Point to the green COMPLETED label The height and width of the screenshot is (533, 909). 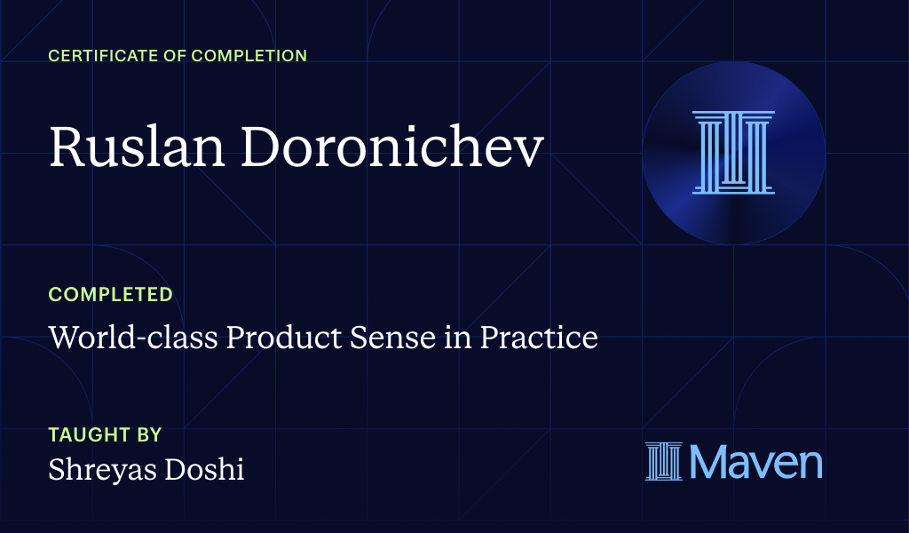coord(110,294)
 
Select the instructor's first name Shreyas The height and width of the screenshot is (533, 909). coord(98,469)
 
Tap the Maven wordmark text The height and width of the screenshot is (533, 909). coord(755,462)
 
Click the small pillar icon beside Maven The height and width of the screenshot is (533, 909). coord(662,462)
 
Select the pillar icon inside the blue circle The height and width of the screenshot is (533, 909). coord(733,152)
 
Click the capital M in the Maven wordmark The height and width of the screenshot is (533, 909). coord(708,462)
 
